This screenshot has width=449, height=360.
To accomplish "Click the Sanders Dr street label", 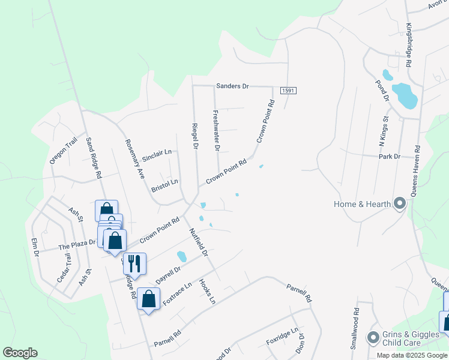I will (x=232, y=86).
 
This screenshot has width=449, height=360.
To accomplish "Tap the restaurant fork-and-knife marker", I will (x=134, y=263).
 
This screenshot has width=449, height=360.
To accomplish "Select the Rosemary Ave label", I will (x=134, y=152).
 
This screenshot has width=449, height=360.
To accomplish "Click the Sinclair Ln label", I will (x=157, y=155).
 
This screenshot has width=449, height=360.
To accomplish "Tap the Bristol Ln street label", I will (x=164, y=182).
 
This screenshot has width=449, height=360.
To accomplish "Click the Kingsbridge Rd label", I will (x=409, y=45).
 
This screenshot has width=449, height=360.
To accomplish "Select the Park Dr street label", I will (x=390, y=157).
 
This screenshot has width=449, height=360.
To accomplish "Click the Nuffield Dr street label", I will (x=197, y=243).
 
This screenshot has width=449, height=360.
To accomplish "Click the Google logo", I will (x=20, y=353).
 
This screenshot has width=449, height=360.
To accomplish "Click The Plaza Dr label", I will (x=77, y=245).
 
